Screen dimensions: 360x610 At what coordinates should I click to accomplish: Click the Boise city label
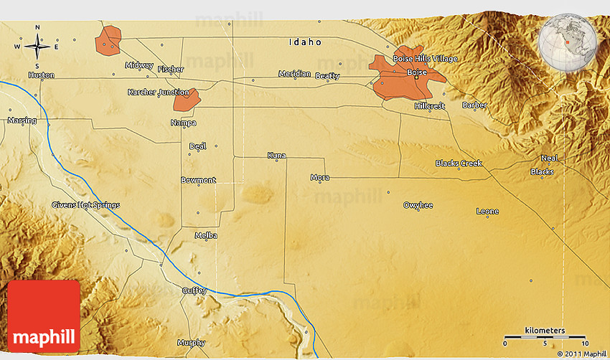coord(416,72)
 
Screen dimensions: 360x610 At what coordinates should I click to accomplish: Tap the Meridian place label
coord(295,74)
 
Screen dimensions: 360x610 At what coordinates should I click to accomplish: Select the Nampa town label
coord(183,123)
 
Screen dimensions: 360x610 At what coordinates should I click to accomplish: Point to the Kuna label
coord(276,155)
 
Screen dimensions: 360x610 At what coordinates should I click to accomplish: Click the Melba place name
coord(206,235)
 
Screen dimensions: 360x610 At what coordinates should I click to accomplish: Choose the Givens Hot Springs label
coord(85,205)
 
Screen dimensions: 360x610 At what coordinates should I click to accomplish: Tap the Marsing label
coord(22,120)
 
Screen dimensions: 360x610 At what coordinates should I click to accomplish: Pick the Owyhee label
coord(418,205)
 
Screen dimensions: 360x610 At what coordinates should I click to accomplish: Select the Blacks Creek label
coord(459,164)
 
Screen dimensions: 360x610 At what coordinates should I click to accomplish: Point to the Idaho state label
coord(305,42)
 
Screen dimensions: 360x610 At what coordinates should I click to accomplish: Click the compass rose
coord(37,47)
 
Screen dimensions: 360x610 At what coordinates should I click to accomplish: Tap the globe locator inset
coord(567,41)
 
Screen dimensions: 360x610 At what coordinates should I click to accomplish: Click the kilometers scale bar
coord(545,336)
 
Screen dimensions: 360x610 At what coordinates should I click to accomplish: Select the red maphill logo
coord(44,316)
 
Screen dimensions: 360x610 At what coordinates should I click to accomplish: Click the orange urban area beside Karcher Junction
coord(186,100)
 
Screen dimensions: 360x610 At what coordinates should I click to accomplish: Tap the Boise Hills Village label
coord(425,58)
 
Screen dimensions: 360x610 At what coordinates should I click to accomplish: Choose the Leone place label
coord(487,212)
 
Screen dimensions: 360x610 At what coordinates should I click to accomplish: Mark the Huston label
coord(40,75)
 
